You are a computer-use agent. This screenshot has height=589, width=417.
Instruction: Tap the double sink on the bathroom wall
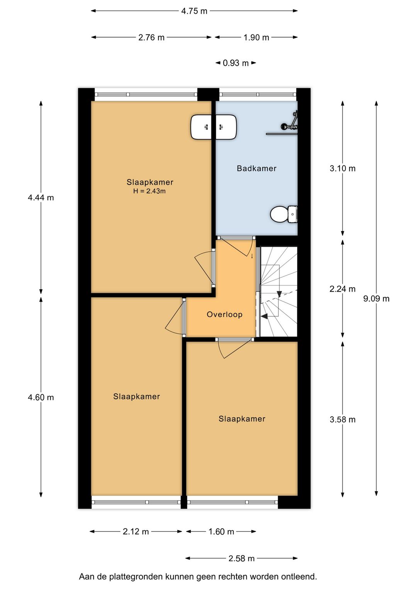coord(214,127)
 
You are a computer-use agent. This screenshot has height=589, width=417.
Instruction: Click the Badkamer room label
coord(256,168)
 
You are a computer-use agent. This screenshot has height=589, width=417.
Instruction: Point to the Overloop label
coord(224,315)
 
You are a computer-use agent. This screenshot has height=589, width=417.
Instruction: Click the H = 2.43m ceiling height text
coord(149,191)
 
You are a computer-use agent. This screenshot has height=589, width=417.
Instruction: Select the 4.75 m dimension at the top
coord(194,11)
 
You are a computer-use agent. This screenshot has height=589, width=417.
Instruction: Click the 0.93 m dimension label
coord(236,63)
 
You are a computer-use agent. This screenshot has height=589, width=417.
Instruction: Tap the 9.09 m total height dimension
coord(376,298)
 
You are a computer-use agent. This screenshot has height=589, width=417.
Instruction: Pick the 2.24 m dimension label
coord(342,289)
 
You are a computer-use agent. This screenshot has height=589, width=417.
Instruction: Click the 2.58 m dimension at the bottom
coord(241,558)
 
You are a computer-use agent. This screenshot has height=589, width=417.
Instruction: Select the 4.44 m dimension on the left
coord(41,198)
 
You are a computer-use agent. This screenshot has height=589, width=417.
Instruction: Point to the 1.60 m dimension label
coord(221,531)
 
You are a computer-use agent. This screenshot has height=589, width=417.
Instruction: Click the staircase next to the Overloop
coord(279,292)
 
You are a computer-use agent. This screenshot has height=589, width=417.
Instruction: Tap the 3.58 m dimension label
coord(342,420)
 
